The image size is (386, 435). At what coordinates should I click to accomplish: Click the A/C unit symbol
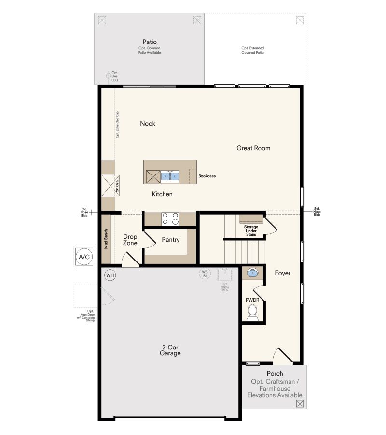[x=84, y=257]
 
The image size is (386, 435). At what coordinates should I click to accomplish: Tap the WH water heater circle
[x=110, y=275]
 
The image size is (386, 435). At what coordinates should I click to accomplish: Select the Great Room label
[x=253, y=148]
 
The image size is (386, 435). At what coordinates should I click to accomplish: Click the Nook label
[x=148, y=124]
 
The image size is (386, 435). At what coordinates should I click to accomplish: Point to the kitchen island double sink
[x=169, y=176]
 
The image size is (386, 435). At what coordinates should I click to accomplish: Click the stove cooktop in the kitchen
[x=170, y=219]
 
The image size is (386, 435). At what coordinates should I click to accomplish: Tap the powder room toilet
[x=253, y=315]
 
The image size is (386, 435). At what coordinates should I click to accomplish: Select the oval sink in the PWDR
[x=252, y=274]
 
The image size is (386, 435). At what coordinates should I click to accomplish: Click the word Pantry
[x=171, y=240]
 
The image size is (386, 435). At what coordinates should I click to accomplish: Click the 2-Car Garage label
[x=170, y=350]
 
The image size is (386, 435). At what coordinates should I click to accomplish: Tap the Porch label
[x=275, y=373]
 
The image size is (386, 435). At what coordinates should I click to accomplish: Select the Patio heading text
[x=149, y=42]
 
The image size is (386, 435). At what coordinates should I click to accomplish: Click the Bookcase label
[x=207, y=176]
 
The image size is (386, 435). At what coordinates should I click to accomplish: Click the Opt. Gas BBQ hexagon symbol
[x=108, y=75]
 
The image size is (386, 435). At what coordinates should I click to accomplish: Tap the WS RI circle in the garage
[x=205, y=274]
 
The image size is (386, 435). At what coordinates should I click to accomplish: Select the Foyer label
[x=283, y=273]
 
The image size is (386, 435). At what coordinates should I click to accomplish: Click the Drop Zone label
[x=130, y=240]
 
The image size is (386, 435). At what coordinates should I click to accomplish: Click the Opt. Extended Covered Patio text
[x=253, y=50]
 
